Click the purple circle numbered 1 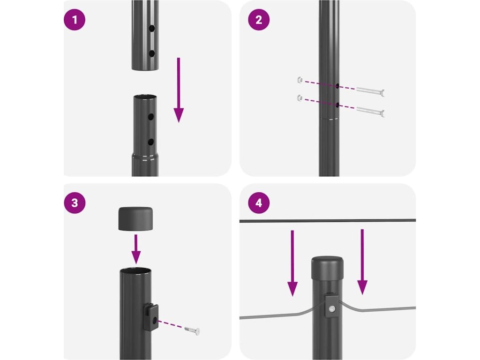[75, 20]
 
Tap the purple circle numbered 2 [259, 20]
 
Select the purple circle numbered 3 [75, 203]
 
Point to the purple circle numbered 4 [259, 203]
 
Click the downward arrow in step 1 [179, 90]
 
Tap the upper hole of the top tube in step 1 [152, 29]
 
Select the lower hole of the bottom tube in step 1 [150, 142]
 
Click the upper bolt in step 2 [370, 91]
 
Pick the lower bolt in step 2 [370, 111]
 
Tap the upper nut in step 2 [300, 80]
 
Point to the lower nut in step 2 [300, 98]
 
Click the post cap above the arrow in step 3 [135, 218]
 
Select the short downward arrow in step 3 [136, 249]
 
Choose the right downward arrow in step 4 [362, 262]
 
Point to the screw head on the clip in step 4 [331, 309]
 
